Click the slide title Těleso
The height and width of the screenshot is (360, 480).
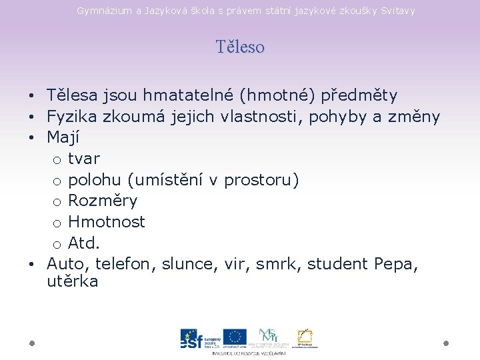tap(240, 47)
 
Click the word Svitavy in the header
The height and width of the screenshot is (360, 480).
tap(397, 11)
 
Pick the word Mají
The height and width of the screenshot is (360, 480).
tap(63, 138)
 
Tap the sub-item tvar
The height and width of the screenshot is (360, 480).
tap(83, 159)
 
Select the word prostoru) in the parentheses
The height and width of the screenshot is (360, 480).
tap(262, 180)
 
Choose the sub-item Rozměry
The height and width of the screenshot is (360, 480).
tap(103, 201)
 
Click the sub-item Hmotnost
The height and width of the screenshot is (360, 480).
tap(107, 221)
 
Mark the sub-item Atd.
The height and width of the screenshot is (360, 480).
tap(84, 243)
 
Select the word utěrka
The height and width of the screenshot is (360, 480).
tap(73, 281)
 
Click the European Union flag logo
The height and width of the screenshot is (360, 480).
tap(235, 337)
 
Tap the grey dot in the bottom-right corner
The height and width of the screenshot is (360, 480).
tap(446, 343)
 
